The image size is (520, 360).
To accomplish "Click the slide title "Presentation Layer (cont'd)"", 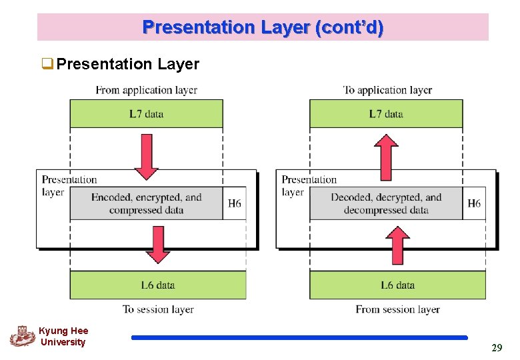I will (x=263, y=28).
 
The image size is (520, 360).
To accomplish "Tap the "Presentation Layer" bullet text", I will (x=127, y=64).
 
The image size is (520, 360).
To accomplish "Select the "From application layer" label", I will (x=146, y=90).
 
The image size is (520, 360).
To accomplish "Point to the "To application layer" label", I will (x=387, y=90).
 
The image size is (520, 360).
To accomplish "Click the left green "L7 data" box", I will (x=146, y=114).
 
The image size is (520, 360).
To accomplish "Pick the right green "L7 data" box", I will (x=386, y=114).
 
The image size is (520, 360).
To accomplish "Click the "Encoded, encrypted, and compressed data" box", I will (x=146, y=203).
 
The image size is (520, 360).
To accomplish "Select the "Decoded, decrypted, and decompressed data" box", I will (x=386, y=203).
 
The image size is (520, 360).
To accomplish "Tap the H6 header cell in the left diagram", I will (x=235, y=203).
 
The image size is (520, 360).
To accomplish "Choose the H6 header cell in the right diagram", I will (x=474, y=203).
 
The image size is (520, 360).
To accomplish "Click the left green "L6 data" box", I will (x=158, y=285).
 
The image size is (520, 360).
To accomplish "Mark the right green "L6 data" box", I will (x=397, y=285).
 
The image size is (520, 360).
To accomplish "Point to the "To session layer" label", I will (x=158, y=309).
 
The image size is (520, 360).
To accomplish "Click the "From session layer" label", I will (x=397, y=309).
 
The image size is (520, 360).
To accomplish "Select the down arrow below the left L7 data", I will (x=146, y=157).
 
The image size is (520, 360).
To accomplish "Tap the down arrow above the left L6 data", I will (x=158, y=245).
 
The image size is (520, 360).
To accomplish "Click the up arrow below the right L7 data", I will (x=386, y=157).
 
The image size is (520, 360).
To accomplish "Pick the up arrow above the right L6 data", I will (x=397, y=245).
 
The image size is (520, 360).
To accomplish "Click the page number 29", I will (x=497, y=348).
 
